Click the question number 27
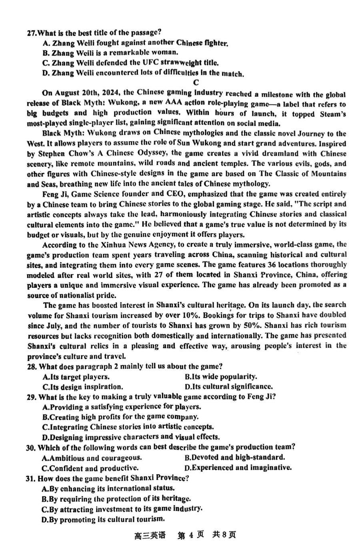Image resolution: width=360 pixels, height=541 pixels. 31,33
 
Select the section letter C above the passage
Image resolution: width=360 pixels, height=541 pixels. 196,83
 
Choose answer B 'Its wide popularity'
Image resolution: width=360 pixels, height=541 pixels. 221,377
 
